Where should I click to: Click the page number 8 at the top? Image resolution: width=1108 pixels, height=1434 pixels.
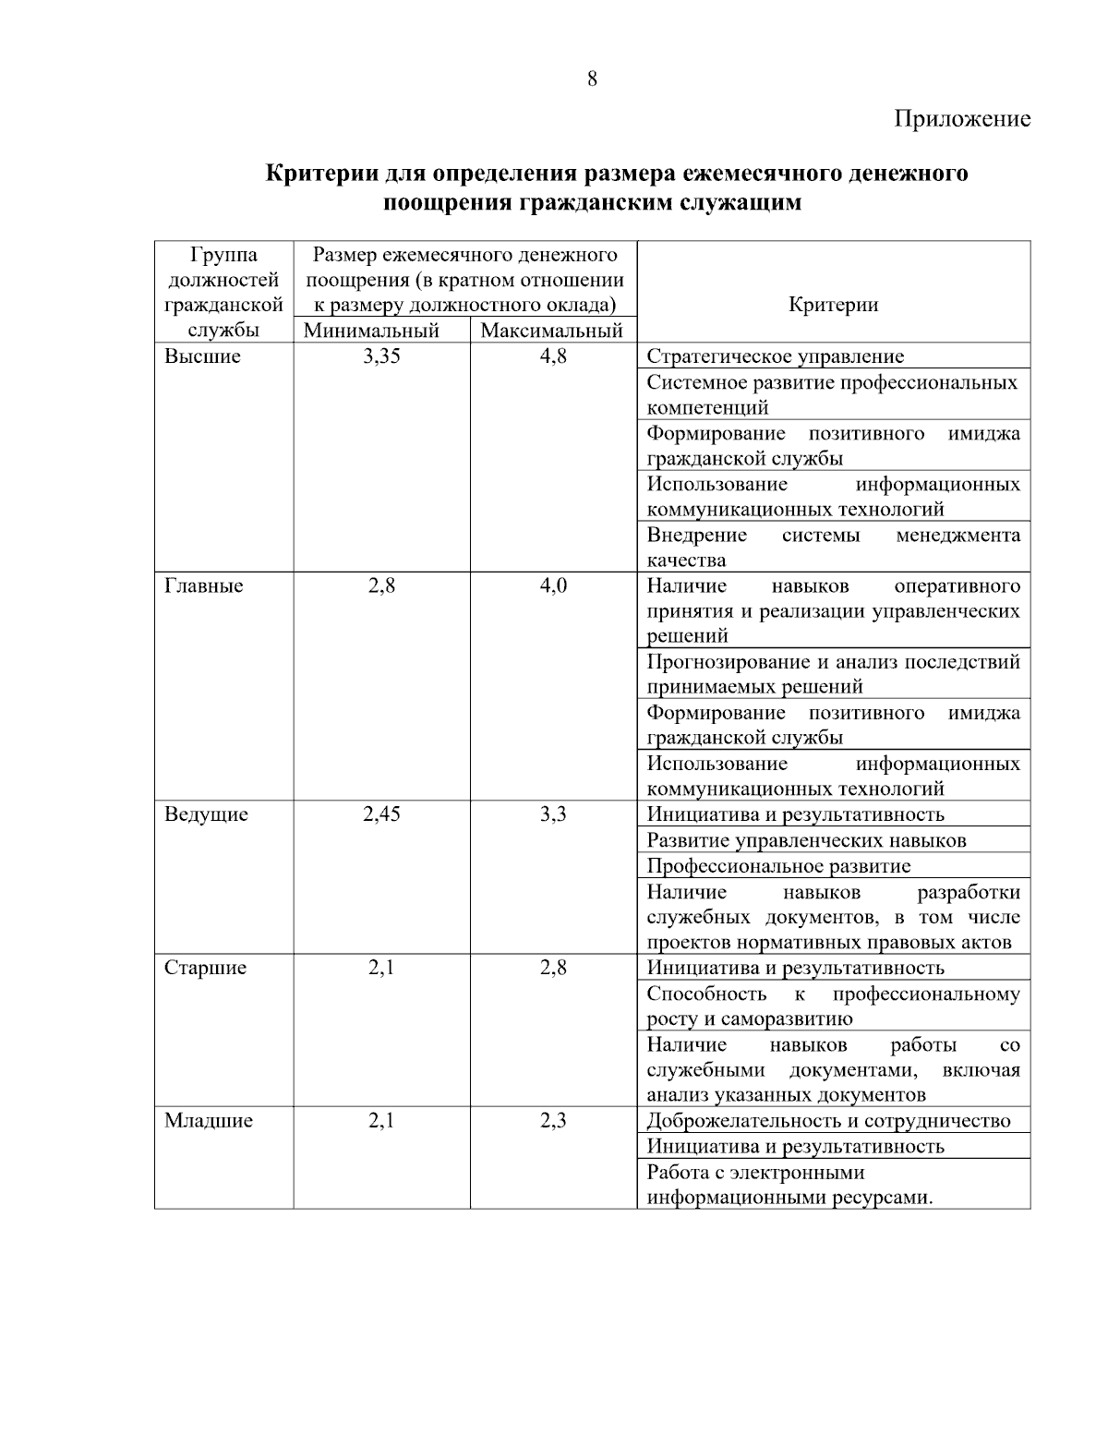tap(592, 78)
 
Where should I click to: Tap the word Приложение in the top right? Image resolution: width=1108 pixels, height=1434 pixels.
tap(961, 119)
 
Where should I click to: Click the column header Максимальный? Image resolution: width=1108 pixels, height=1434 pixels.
tap(552, 331)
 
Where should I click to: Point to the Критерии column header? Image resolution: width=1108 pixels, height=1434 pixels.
tap(833, 305)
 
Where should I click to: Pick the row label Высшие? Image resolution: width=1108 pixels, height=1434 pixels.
tap(202, 356)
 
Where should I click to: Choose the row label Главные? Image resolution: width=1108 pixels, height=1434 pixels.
tap(204, 585)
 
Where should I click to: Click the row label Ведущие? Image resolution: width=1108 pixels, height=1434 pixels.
tap(206, 814)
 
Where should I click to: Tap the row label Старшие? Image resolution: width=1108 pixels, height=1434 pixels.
tap(205, 968)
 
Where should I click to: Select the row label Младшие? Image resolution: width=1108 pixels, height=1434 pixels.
tap(209, 1121)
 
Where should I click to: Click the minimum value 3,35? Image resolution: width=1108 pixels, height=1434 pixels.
tap(381, 356)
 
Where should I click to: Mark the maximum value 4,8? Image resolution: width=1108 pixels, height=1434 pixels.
tap(553, 356)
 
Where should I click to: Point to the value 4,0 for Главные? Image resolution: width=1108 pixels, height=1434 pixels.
tap(553, 585)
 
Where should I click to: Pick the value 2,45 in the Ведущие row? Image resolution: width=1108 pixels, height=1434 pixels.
tap(381, 814)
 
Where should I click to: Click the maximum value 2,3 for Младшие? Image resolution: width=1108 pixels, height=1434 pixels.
tap(553, 1121)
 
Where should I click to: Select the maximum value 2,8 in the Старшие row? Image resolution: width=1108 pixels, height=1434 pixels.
tap(553, 968)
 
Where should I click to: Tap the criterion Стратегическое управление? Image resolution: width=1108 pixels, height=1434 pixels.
tap(776, 356)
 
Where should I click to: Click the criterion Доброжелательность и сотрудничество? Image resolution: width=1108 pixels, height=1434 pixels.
tap(828, 1121)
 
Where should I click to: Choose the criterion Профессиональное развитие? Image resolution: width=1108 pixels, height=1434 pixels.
tap(778, 866)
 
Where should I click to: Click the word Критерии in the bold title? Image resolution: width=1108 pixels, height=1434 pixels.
tap(320, 174)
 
